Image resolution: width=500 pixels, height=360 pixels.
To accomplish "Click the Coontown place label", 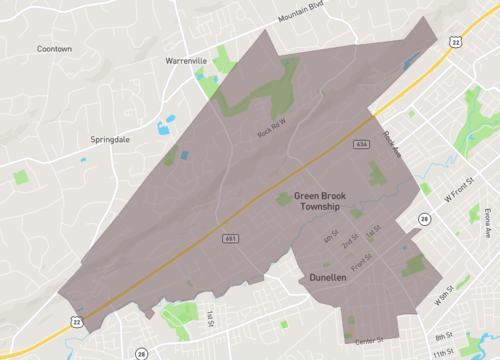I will (x=54, y=48).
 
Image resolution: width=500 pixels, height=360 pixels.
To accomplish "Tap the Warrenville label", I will (x=186, y=61).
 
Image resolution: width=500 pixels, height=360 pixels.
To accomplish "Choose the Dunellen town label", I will (x=328, y=277).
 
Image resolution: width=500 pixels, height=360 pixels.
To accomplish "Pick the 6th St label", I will (x=330, y=238).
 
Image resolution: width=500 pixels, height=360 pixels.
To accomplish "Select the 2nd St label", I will (x=350, y=242).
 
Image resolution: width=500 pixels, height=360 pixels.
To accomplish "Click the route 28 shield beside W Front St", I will (x=424, y=219).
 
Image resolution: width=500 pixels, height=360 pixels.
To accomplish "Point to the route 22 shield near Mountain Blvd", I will (x=456, y=41).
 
